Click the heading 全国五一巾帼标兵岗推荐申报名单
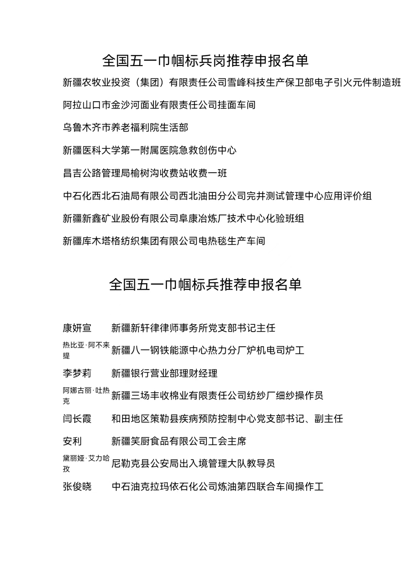pos(205,61)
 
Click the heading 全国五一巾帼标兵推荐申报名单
pos(205,284)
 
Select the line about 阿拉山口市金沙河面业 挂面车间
pos(159,105)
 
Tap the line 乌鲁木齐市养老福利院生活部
pos(126,127)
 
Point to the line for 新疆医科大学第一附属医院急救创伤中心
pos(150,150)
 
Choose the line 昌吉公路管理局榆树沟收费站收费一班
pos(145,173)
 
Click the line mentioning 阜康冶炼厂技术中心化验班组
pos(183,218)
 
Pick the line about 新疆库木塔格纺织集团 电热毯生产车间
pos(164,241)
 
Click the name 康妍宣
pos(77,328)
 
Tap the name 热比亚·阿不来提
pos(86,350)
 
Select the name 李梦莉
pos(77,373)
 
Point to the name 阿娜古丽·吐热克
pos(86,395)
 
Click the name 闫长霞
pos(77,419)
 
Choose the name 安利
pos(72,441)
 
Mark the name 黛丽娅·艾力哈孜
pos(86,463)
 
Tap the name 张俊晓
pos(77,486)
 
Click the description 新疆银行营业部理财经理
pos(164,373)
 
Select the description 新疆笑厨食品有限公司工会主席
pos(179,441)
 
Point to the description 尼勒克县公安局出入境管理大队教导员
pos(193,463)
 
